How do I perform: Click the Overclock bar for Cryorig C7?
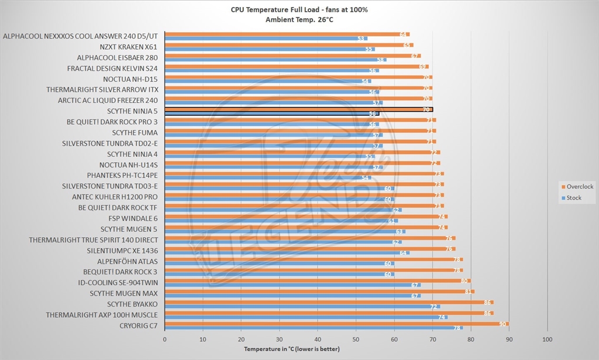(336, 323)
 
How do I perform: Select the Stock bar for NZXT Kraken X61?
(269, 49)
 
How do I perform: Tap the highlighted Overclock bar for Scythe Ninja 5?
(298, 109)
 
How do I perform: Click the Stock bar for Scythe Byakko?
(302, 307)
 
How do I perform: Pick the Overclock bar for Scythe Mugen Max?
(319, 291)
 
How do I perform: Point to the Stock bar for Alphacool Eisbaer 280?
(275, 60)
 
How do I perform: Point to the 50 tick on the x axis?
(356, 339)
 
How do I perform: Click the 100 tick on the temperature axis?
(548, 339)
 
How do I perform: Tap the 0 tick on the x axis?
(165, 339)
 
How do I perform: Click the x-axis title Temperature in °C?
(291, 349)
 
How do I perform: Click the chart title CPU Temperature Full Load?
(299, 10)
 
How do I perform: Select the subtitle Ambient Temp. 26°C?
(299, 19)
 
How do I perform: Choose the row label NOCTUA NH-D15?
(130, 79)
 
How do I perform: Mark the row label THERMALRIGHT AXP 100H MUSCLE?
(102, 315)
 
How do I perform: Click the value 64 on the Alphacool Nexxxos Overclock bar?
(403, 35)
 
